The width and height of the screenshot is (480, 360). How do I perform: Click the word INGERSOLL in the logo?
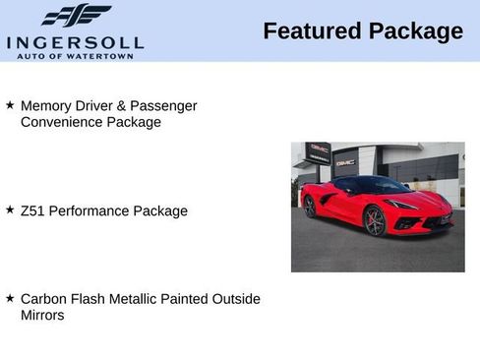click(x=75, y=41)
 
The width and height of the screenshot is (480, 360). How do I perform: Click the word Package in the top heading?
click(x=415, y=31)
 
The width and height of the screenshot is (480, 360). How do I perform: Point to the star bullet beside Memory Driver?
click(x=10, y=103)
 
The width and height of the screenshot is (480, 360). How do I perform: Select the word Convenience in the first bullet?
click(x=60, y=122)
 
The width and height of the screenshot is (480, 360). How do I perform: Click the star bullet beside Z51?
click(x=10, y=210)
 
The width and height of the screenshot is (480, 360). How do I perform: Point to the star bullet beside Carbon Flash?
click(x=10, y=297)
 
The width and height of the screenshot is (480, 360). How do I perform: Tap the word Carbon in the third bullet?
click(x=44, y=298)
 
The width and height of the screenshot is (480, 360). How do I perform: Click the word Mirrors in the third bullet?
click(x=42, y=315)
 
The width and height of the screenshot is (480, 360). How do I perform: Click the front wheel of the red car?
click(x=375, y=221)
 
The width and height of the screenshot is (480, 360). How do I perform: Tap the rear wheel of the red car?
click(x=310, y=207)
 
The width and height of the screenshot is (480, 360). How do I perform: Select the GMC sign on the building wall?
click(x=345, y=162)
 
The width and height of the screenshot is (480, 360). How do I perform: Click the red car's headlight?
click(x=401, y=204)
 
